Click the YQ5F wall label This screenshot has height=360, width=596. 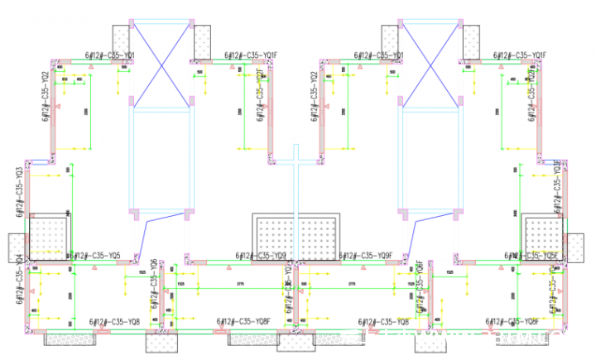coord(537,256)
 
